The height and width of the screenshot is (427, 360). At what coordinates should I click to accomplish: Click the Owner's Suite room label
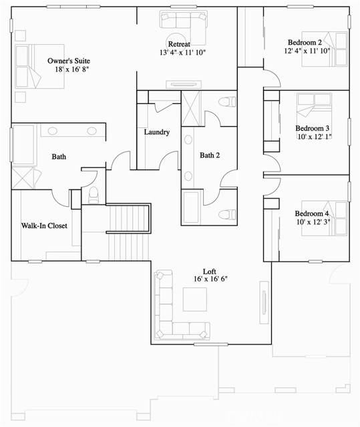tap(63, 61)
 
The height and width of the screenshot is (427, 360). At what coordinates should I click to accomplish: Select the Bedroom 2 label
tap(305, 42)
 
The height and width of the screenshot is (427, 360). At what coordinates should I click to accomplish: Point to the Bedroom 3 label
tap(313, 127)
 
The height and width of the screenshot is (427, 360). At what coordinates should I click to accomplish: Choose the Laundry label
tap(157, 132)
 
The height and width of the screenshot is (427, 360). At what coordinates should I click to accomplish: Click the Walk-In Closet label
tap(43, 226)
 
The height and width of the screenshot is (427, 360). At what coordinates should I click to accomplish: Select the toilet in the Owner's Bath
tap(94, 193)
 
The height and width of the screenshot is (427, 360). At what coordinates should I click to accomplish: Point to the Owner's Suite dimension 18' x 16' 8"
tap(64, 69)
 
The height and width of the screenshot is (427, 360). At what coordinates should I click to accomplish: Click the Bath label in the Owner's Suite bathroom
tap(59, 157)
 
